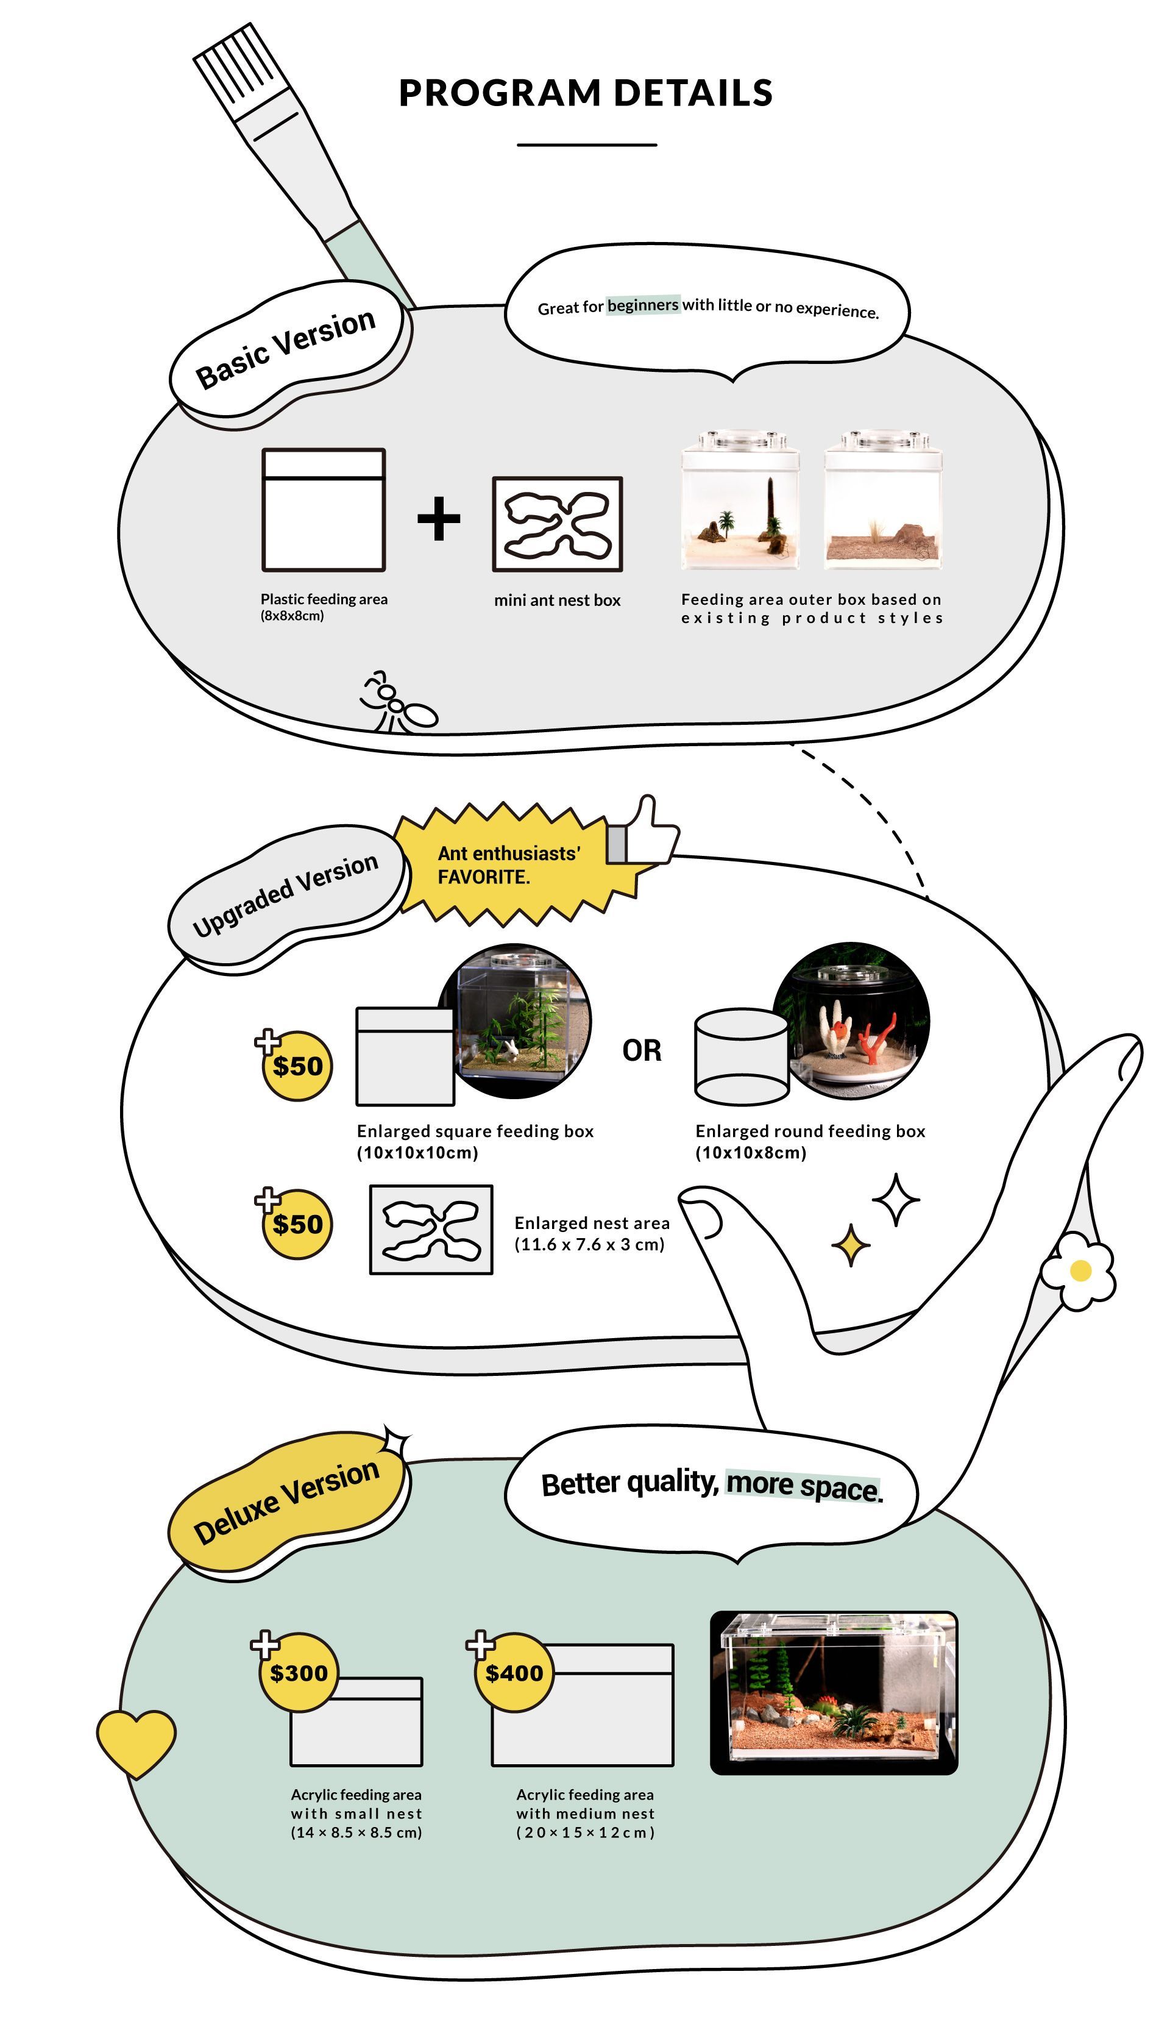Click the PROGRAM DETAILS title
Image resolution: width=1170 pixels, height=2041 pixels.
[x=585, y=93]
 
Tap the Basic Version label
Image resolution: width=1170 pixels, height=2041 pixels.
[x=285, y=348]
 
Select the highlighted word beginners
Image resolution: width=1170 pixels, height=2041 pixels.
[x=643, y=305]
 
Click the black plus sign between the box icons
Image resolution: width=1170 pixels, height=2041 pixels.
[x=439, y=519]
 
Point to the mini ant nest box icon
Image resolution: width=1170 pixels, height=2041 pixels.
[x=557, y=524]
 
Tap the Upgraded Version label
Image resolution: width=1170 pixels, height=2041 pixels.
[x=285, y=896]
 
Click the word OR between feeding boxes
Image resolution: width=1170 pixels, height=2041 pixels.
[x=641, y=1050]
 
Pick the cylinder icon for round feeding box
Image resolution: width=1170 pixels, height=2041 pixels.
[x=741, y=1057]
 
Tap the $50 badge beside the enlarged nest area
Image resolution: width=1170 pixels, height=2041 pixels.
[x=297, y=1224]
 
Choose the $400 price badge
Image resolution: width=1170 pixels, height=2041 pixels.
[x=514, y=1673]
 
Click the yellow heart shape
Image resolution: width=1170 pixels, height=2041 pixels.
[x=136, y=1740]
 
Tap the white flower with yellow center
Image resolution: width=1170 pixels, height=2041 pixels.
[x=1079, y=1271]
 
